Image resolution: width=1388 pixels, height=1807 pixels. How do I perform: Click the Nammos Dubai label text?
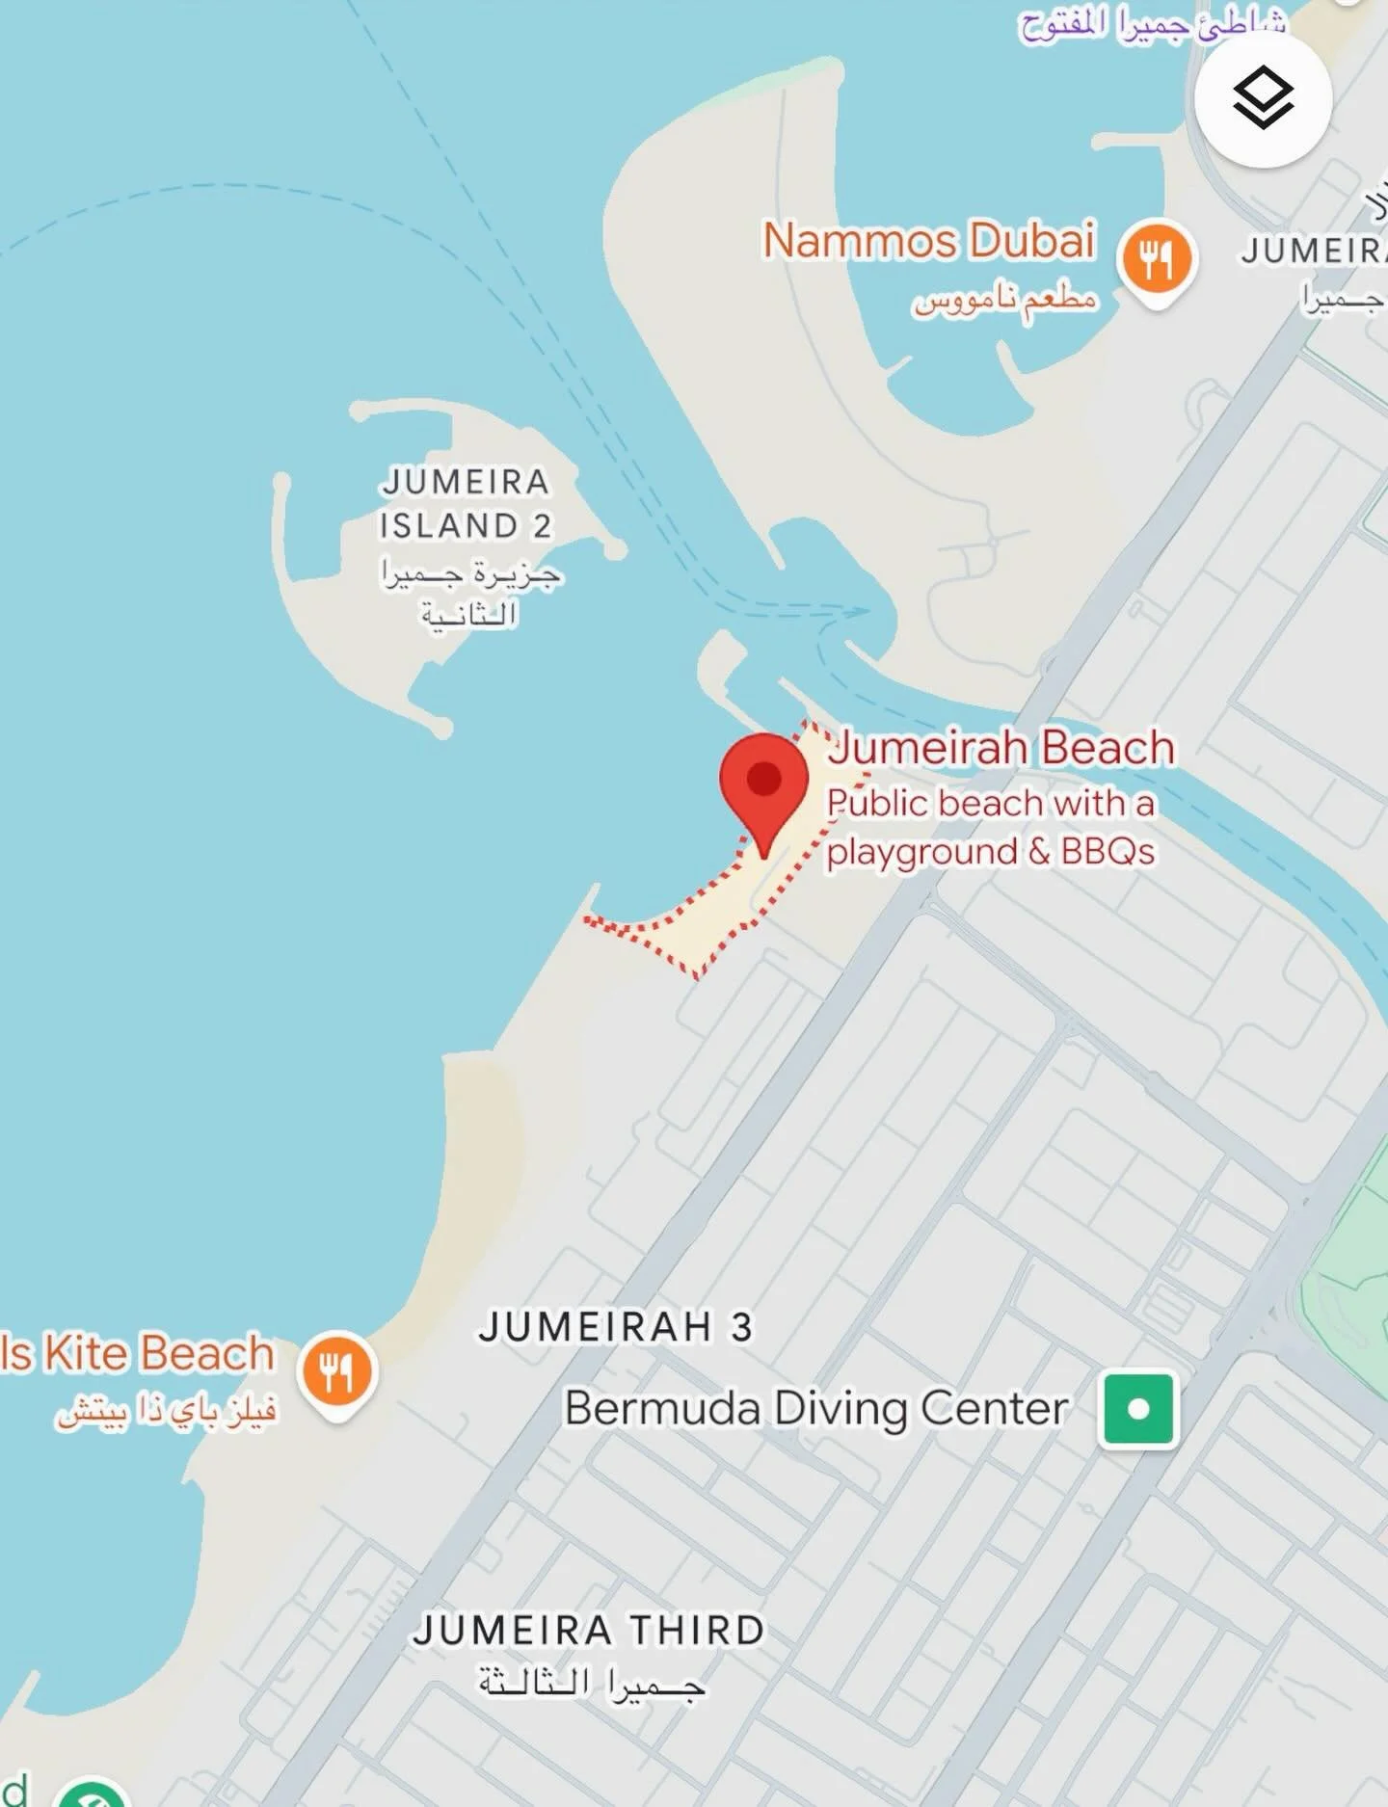(929, 241)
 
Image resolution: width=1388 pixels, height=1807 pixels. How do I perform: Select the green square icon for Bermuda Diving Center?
(1138, 1409)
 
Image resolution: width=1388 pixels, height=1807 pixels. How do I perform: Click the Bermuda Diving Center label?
(815, 1408)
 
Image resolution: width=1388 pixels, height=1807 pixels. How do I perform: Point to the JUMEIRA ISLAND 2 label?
(466, 503)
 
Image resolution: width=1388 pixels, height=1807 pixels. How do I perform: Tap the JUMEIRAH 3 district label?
(615, 1327)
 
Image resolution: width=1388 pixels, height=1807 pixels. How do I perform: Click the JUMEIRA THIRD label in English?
(589, 1631)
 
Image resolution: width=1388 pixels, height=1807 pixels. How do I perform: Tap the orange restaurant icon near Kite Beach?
(337, 1369)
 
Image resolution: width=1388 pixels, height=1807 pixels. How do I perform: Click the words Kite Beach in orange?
(159, 1353)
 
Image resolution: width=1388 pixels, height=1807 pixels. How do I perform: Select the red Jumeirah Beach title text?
(1001, 748)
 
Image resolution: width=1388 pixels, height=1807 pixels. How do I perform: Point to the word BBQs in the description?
(1108, 852)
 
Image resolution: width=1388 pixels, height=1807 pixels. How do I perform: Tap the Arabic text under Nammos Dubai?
(1005, 300)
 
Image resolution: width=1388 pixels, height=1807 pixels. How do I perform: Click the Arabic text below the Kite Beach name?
(167, 1412)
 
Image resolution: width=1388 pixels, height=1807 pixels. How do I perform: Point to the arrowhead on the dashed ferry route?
(855, 611)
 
